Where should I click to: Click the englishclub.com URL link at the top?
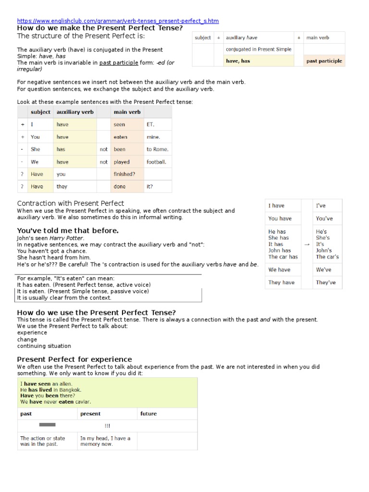tap(118, 21)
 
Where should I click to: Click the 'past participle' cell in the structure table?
tap(324, 61)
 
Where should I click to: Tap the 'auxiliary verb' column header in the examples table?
tap(75, 112)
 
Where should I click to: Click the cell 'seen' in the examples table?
tap(119, 124)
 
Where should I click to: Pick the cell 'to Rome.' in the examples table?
tap(157, 149)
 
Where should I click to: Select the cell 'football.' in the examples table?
tap(157, 162)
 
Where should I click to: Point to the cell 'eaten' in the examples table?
tap(120, 137)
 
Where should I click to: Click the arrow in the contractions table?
tap(307, 244)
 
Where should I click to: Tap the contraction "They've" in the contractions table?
tap(326, 283)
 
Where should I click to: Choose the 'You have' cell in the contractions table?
tap(280, 219)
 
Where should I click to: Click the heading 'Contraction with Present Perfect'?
tap(71, 203)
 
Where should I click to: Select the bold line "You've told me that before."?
tap(68, 231)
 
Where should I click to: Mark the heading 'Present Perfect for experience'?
tap(74, 359)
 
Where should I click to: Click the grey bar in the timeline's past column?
tap(47, 425)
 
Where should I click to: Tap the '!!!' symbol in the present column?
tap(107, 426)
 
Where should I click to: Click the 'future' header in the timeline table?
tap(148, 414)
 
